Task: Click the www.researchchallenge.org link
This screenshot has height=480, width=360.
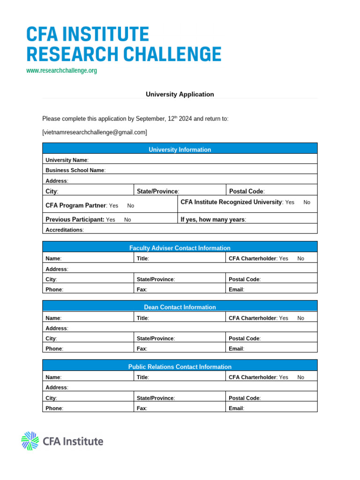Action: (61, 71)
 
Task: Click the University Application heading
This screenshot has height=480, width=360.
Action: (180, 94)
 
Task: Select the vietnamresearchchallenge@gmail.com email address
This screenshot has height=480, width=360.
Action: (95, 132)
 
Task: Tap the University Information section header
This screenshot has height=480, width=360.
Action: (180, 150)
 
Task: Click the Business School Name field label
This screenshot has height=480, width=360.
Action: (75, 170)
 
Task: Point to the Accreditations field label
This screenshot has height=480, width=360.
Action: (64, 230)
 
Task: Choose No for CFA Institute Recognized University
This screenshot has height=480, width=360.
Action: (307, 202)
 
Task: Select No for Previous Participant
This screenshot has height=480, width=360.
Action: (127, 219)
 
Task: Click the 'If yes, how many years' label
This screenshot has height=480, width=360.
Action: (213, 219)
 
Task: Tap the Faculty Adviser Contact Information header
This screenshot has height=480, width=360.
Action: (180, 248)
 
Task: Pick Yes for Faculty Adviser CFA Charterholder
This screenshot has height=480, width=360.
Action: (284, 258)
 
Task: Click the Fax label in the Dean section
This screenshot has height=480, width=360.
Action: (142, 349)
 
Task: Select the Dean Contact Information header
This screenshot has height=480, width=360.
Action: (180, 307)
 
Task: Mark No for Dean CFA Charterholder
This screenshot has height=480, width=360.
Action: (300, 318)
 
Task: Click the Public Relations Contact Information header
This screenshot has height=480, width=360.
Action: (180, 367)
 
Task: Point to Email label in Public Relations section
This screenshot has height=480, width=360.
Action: (236, 408)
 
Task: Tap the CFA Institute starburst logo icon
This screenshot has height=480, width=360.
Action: (30, 441)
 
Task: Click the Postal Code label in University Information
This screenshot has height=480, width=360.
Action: (246, 191)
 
